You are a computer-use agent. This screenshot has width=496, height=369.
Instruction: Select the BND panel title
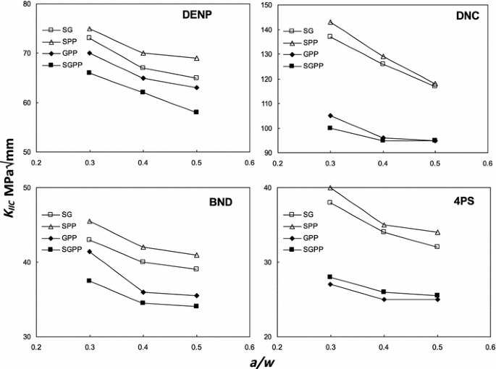pyautogui.click(x=217, y=202)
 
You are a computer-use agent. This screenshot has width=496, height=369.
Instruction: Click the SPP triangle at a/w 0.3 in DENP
pyautogui.click(x=89, y=29)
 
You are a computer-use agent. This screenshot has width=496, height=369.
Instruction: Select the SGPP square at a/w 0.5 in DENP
pyautogui.click(x=196, y=112)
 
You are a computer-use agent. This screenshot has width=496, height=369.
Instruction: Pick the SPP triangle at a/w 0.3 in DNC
pyautogui.click(x=330, y=22)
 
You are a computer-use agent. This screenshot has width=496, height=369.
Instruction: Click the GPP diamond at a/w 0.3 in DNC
pyautogui.click(x=330, y=116)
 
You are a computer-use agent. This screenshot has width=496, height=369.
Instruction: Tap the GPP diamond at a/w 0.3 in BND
pyautogui.click(x=89, y=252)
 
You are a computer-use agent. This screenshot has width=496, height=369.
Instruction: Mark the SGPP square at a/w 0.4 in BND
pyautogui.click(x=143, y=303)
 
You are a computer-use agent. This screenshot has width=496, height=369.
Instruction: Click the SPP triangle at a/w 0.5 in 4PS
pyautogui.click(x=437, y=232)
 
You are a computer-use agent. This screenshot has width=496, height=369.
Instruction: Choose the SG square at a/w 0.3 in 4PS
pyautogui.click(x=330, y=203)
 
